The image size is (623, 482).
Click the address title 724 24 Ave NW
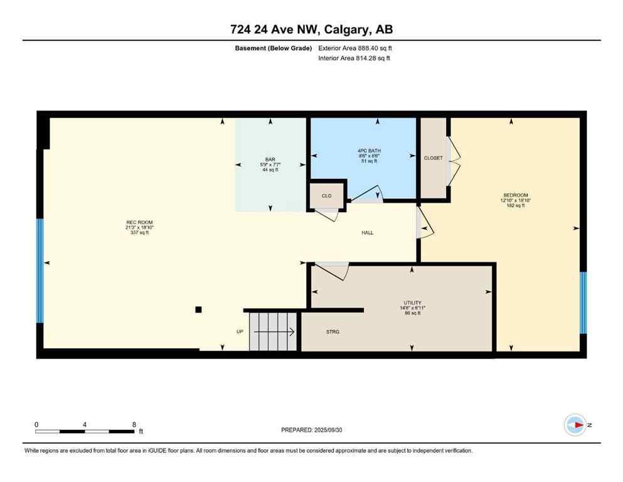311,29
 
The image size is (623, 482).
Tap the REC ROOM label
139,222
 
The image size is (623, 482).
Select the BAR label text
270,160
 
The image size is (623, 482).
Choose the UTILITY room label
412,303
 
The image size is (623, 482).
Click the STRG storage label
333,331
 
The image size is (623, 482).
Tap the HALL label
368,233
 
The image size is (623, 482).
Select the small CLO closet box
327,196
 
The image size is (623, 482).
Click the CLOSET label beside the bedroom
433,158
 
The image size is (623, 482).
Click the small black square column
198,309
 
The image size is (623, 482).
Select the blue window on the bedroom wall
583,303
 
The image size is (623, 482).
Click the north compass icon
575,425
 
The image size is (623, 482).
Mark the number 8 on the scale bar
134,424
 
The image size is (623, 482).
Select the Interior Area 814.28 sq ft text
354,58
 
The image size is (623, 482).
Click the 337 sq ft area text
139,233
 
